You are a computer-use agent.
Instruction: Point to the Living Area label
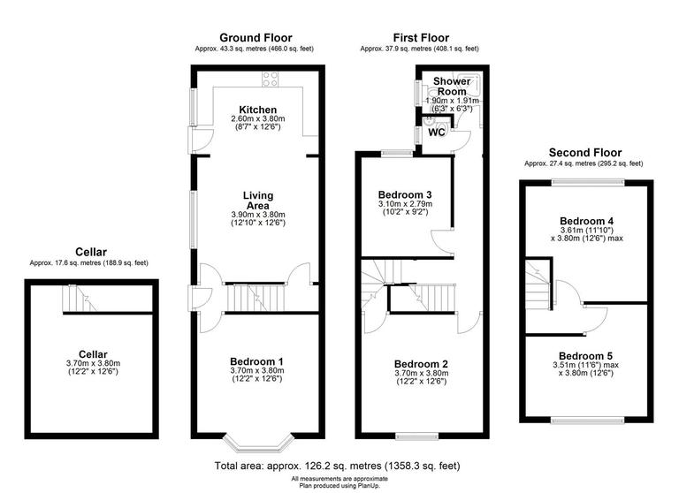pyautogui.click(x=258, y=201)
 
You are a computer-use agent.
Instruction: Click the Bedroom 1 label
pyautogui.click(x=257, y=360)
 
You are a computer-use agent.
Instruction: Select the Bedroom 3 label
pyautogui.click(x=405, y=194)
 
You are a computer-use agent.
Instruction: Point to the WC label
pyautogui.click(x=436, y=133)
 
